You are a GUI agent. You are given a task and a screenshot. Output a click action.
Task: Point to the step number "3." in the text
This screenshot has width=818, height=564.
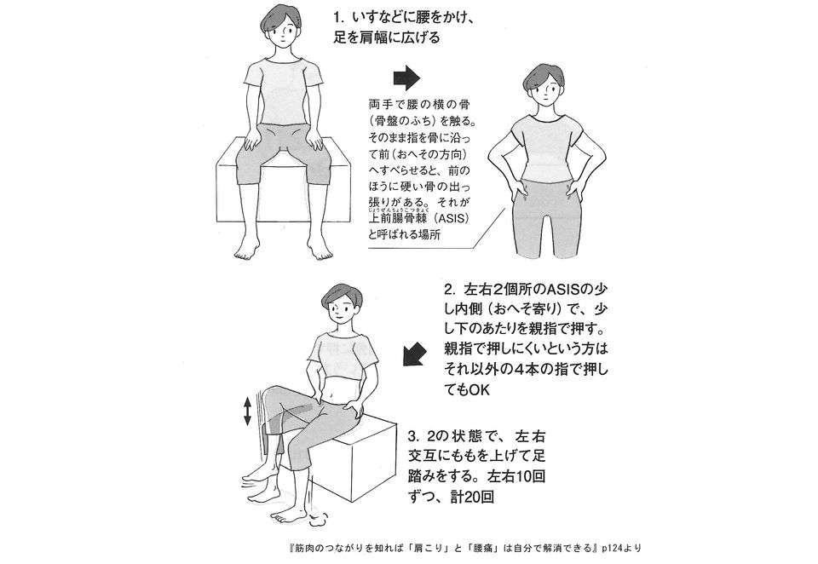(x=453, y=435)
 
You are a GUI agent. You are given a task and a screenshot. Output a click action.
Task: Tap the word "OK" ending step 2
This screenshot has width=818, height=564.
(x=481, y=389)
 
